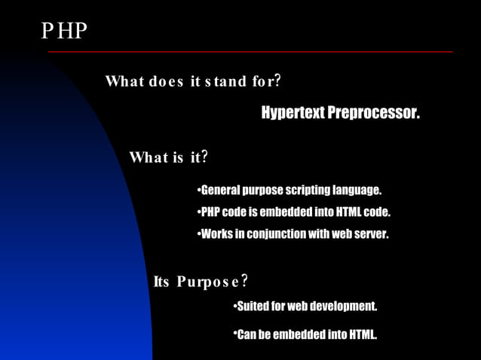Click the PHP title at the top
click(x=64, y=31)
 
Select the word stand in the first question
click(x=225, y=81)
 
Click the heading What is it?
click(x=169, y=157)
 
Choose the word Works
click(x=216, y=234)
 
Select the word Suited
click(x=253, y=307)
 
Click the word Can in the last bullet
click(x=247, y=334)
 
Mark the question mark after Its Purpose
click(x=245, y=282)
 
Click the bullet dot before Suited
click(x=235, y=306)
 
